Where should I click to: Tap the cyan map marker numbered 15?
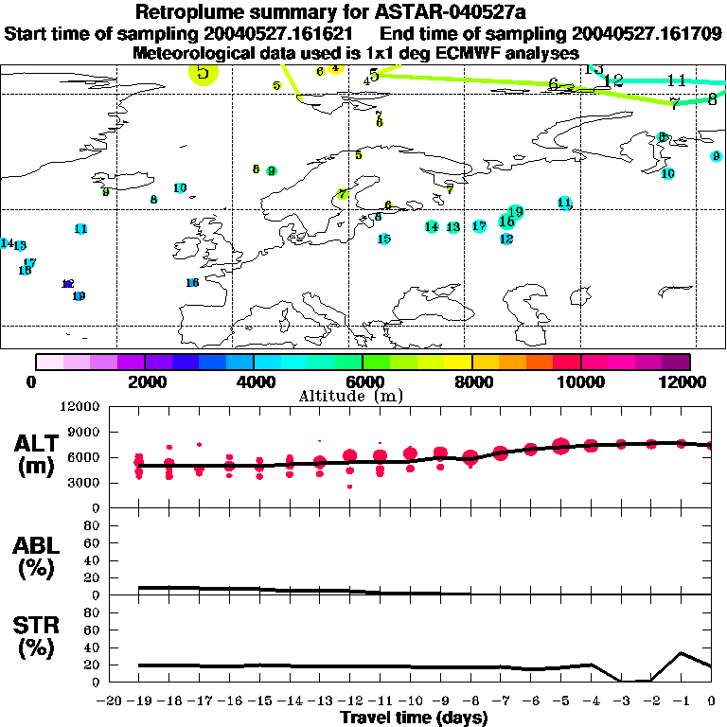click(384, 239)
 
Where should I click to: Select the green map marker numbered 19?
click(515, 211)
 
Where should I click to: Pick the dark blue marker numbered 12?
click(67, 284)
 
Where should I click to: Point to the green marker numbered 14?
click(432, 226)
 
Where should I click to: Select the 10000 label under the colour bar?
click(580, 381)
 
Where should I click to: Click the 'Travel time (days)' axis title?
click(414, 718)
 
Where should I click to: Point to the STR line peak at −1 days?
click(682, 652)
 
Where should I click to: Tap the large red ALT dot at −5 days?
click(560, 446)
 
